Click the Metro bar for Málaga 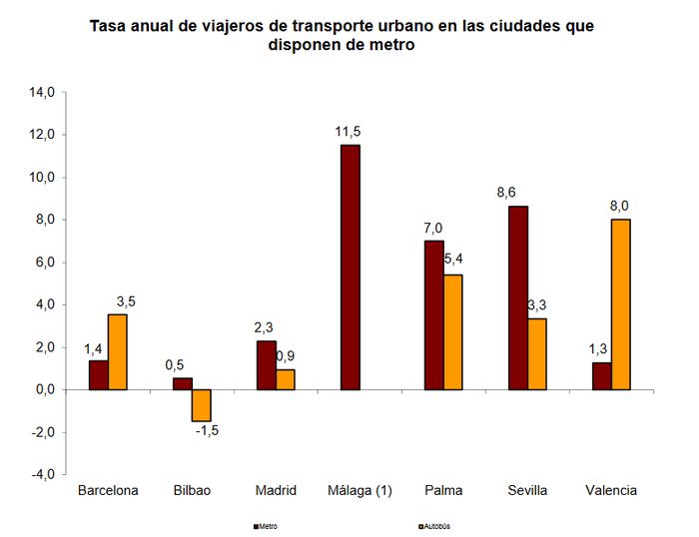pos(349,267)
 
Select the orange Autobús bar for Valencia pos(620,303)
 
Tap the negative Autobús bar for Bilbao pos(202,405)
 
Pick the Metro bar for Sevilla pos(518,297)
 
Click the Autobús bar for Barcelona pos(118,351)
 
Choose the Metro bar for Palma pos(434,314)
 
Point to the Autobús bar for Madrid pos(286,379)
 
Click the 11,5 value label pos(349,132)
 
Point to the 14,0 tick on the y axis pos(43,93)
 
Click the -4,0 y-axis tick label pos(43,474)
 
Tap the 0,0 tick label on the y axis pos(45,389)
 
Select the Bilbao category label pos(192,490)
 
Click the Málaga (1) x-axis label pos(359,490)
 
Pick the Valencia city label pos(611,490)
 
